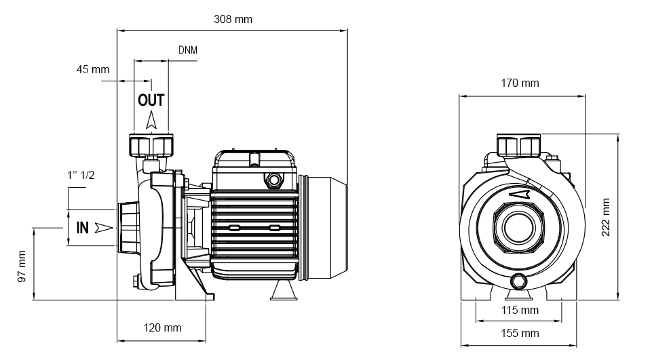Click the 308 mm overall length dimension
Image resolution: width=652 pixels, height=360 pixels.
[x=233, y=20]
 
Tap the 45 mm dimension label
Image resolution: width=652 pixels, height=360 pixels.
[x=93, y=69]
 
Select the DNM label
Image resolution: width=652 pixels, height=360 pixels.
[x=188, y=50]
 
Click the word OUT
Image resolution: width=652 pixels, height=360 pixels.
[x=151, y=100]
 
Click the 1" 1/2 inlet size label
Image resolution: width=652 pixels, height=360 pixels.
[x=81, y=175]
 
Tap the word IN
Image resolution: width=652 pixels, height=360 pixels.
[x=82, y=227]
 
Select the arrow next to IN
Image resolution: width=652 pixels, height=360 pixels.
[x=103, y=227]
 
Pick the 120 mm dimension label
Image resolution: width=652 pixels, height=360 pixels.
[x=163, y=328]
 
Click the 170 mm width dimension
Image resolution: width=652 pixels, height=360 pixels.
[x=520, y=83]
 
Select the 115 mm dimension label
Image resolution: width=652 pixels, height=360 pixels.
[x=520, y=310]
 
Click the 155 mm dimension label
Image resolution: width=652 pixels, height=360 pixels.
[x=520, y=333]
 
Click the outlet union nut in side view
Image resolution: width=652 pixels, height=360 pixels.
[x=151, y=145]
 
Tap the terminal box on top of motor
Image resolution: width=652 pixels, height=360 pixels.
[x=254, y=162]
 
